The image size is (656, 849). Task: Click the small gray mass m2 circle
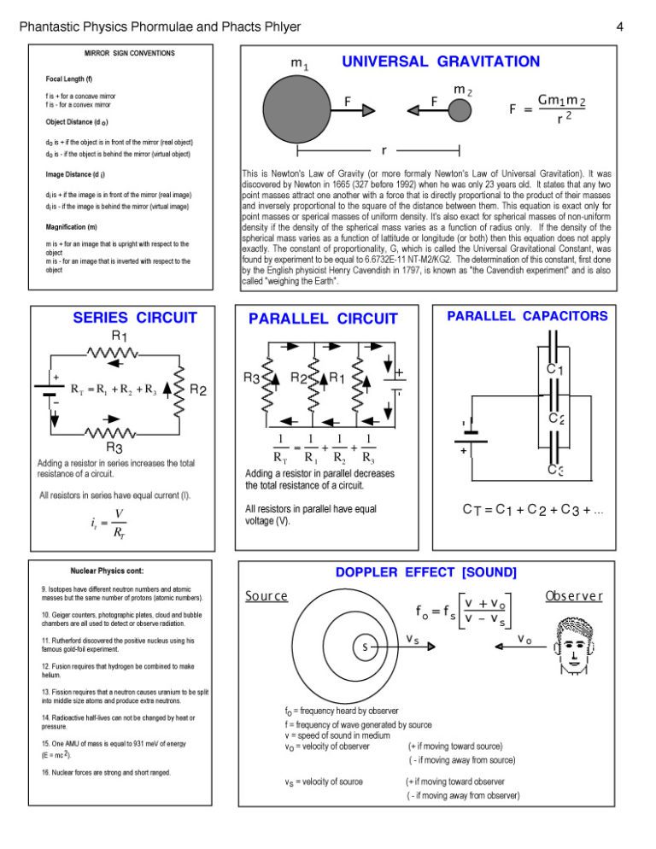(x=460, y=110)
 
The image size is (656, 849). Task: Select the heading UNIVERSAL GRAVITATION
(x=441, y=61)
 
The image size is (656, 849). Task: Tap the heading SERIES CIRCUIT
(x=135, y=318)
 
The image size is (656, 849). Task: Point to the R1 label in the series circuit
(x=120, y=336)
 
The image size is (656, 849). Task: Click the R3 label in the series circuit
(x=114, y=447)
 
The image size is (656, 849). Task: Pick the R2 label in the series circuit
(x=198, y=390)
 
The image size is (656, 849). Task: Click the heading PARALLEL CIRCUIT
(x=323, y=319)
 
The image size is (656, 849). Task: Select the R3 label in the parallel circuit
(x=252, y=378)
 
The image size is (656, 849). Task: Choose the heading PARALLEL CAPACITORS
(x=527, y=316)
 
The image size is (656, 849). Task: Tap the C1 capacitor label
(x=555, y=371)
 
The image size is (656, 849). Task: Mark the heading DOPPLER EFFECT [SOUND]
(x=425, y=571)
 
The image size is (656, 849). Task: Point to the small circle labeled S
(x=366, y=647)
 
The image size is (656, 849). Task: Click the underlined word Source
(x=266, y=595)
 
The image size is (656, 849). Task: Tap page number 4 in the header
(x=619, y=27)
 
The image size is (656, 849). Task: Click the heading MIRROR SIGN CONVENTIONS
(x=131, y=53)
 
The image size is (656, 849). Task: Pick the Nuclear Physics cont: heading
(x=101, y=571)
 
